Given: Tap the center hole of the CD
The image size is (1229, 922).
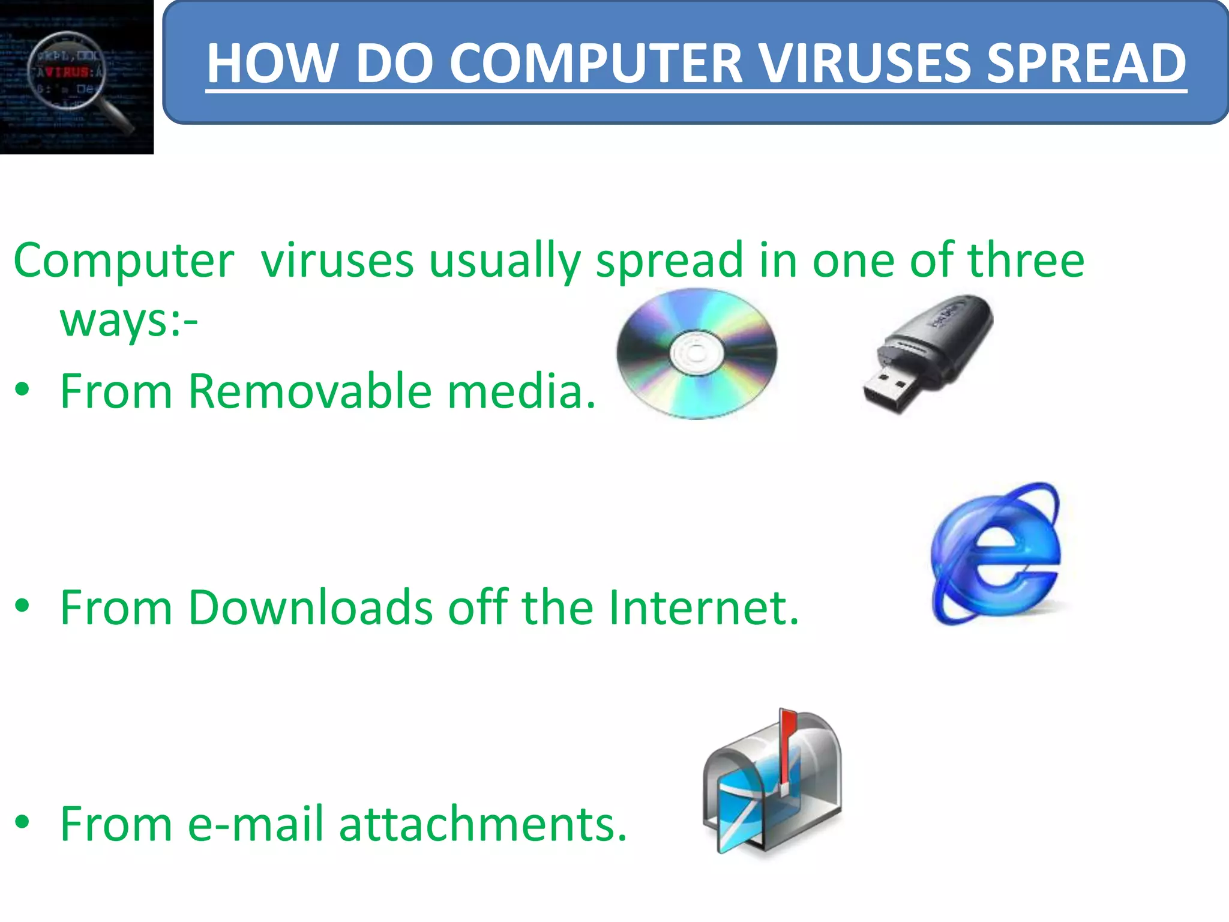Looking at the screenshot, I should click(696, 353).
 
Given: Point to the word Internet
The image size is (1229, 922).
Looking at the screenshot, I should click(703, 607).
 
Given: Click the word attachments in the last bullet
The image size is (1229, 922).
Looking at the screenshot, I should click(482, 824).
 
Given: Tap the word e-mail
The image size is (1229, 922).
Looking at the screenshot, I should click(256, 824).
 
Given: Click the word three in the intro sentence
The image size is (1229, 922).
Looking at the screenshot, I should click(1026, 261).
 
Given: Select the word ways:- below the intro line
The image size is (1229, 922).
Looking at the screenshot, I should click(128, 321).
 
